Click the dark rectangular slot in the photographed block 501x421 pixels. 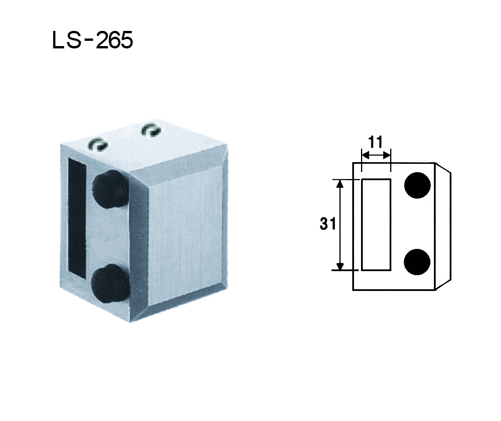point(77,219)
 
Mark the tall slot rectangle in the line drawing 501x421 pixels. point(376,224)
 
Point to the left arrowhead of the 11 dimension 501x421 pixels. point(365,156)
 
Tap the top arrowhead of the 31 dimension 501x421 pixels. point(340,184)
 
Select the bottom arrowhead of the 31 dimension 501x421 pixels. point(340,266)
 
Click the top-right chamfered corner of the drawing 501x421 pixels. point(443,169)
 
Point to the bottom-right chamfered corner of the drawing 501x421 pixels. point(443,283)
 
